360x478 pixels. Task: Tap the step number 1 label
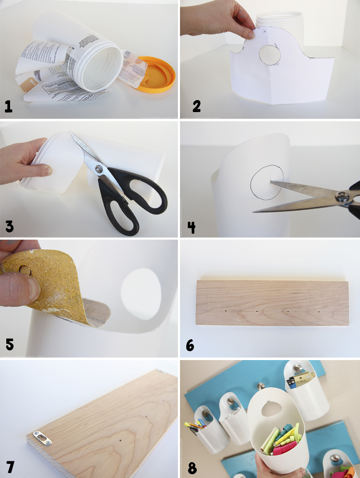click(8, 107)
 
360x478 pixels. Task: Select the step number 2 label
click(196, 106)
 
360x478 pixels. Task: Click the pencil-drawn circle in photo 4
click(267, 182)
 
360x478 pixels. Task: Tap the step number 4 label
click(191, 227)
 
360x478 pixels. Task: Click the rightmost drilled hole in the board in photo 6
click(319, 312)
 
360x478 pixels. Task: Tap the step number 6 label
click(190, 345)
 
